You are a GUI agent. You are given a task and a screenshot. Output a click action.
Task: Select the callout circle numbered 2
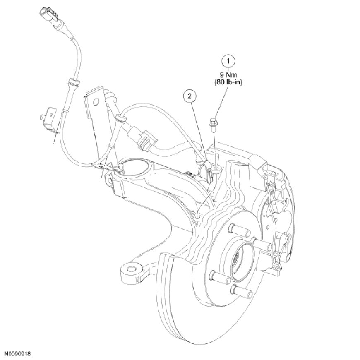pyautogui.click(x=190, y=96)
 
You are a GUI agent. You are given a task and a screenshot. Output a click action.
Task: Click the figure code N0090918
pyautogui.click(x=18, y=354)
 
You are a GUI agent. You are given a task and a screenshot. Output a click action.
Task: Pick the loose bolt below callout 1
pyautogui.click(x=214, y=123)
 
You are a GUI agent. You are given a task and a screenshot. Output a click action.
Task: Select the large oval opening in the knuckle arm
pyautogui.click(x=134, y=169)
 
